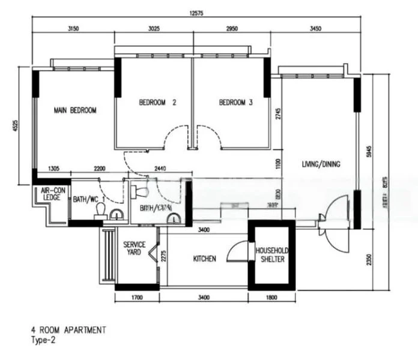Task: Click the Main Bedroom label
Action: point(75,110)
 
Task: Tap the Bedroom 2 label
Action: point(157,103)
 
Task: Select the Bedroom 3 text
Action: point(235,103)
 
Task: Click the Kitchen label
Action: point(204,259)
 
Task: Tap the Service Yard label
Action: point(132,249)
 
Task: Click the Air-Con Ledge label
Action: point(52,197)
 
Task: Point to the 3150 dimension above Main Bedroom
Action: point(74,29)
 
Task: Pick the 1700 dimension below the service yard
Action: point(137,297)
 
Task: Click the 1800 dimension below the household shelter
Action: point(271,297)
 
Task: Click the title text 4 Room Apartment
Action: point(69,330)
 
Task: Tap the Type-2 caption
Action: point(43,340)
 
